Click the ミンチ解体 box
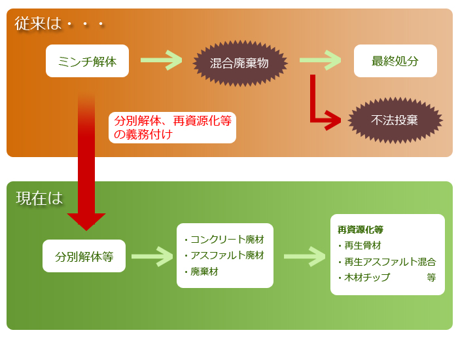tap(87, 62)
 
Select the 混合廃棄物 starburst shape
tap(239, 63)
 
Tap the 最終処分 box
tap(395, 61)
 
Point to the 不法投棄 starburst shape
tap(395, 120)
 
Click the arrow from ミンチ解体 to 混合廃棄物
tap(160, 60)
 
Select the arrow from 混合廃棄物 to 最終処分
tap(319, 60)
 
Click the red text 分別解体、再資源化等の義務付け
tap(172, 128)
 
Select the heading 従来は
tap(38, 24)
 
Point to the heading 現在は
tap(39, 198)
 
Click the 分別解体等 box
tap(84, 257)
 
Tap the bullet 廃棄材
tap(203, 271)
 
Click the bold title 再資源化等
tap(361, 230)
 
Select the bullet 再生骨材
tap(363, 245)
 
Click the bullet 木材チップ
tap(366, 278)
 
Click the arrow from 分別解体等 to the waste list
tap(152, 256)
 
